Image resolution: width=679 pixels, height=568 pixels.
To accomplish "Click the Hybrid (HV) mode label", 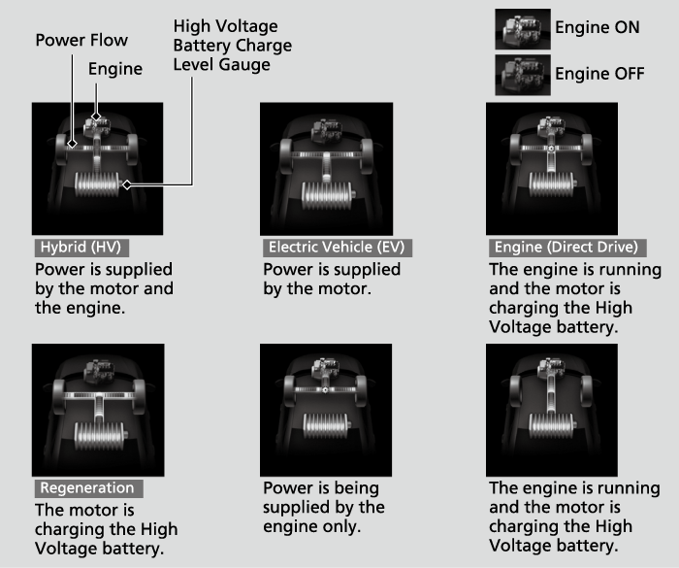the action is (x=81, y=248).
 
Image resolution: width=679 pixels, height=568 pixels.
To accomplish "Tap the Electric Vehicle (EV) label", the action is (x=337, y=248).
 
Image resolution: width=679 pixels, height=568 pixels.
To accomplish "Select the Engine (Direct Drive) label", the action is (x=567, y=248).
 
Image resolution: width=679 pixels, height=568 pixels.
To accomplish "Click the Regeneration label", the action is (x=89, y=488).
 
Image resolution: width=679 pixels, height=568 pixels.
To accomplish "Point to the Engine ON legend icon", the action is (x=523, y=29).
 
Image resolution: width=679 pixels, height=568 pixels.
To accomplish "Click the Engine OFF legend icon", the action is (x=523, y=75).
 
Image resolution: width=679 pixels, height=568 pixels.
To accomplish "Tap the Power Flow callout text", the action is (x=81, y=41).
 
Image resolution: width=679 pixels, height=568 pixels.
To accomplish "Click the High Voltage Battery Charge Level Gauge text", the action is (x=233, y=45).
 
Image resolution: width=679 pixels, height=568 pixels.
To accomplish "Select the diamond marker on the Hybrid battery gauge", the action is (x=126, y=184).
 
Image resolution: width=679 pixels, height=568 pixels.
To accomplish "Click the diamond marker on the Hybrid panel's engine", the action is (x=96, y=116).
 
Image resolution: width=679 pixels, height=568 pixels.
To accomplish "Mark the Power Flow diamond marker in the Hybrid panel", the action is (x=72, y=143).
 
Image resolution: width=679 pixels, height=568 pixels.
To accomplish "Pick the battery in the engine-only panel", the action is (x=326, y=426).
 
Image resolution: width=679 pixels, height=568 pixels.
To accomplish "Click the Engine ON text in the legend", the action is (x=598, y=27).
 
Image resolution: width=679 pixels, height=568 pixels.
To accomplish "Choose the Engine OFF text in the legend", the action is (x=599, y=73).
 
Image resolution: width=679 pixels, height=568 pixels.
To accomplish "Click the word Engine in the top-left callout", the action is (x=115, y=69).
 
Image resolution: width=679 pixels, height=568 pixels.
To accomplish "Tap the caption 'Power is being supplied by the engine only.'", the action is (x=324, y=507).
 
